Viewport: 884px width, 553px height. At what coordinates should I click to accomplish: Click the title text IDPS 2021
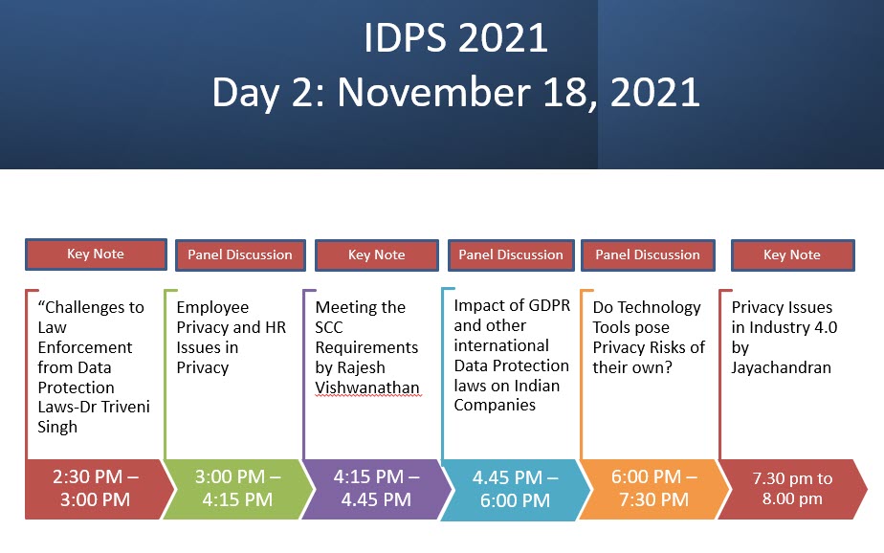[x=455, y=38]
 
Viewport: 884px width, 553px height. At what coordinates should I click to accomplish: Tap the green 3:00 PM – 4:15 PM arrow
[x=238, y=489]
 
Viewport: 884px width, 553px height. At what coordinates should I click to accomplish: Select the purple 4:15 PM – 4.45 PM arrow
[x=377, y=489]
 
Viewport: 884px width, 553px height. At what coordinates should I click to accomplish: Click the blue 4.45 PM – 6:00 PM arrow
[x=516, y=489]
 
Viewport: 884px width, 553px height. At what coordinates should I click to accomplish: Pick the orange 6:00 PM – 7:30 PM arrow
[x=654, y=489]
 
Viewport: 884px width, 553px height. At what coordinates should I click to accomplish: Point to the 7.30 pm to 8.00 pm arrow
[x=792, y=489]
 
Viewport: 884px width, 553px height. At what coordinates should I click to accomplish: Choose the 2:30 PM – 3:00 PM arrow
[x=96, y=489]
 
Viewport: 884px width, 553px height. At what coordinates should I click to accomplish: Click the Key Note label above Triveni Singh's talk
[x=96, y=254]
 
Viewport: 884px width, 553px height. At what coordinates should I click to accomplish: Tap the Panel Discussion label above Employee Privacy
[x=240, y=255]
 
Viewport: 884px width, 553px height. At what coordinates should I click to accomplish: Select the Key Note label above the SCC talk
[x=377, y=255]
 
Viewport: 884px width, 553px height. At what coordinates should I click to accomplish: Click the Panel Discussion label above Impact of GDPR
[x=511, y=255]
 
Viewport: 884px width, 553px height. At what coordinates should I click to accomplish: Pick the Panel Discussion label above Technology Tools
[x=648, y=255]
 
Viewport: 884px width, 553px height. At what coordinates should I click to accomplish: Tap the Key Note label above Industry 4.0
[x=792, y=255]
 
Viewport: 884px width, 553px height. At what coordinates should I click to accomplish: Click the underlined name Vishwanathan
[x=367, y=388]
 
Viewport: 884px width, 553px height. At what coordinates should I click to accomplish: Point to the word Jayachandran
[x=782, y=368]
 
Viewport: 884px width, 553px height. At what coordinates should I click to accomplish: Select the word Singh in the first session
[x=57, y=428]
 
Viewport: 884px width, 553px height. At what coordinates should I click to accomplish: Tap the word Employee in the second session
[x=212, y=308]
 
